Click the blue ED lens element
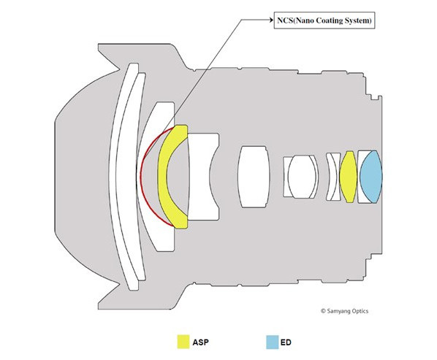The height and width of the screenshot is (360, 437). (370, 177)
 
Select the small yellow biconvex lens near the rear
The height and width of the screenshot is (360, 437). (349, 177)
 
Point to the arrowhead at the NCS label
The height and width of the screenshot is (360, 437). (271, 20)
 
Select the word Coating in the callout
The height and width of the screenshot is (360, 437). (330, 20)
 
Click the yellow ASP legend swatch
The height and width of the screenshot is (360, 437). (183, 342)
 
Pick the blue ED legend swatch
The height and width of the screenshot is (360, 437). (273, 342)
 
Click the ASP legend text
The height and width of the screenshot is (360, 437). (201, 342)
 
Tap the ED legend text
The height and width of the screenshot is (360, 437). (286, 342)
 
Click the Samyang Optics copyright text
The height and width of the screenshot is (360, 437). (344, 311)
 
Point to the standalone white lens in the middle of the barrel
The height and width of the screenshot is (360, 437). (254, 177)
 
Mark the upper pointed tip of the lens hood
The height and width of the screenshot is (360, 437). (98, 44)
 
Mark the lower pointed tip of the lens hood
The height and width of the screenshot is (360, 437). (98, 309)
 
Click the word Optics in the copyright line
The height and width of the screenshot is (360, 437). (360, 311)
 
